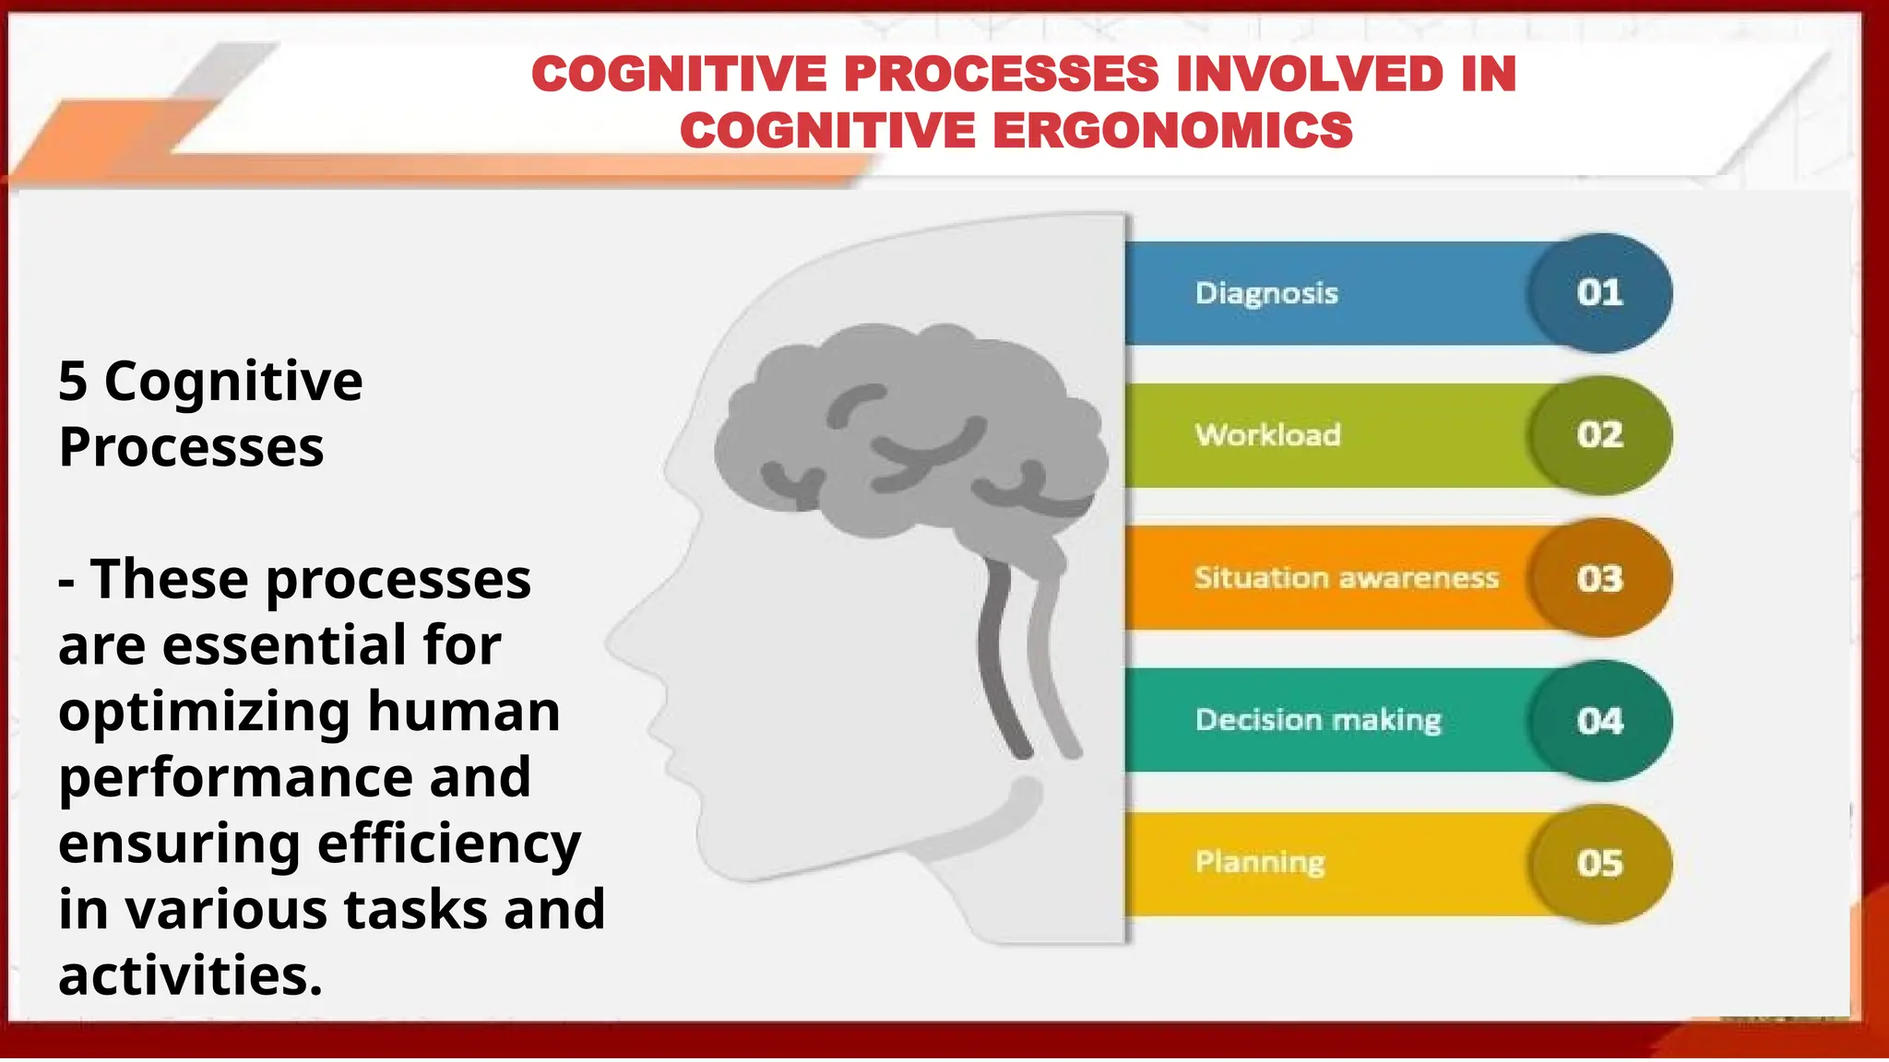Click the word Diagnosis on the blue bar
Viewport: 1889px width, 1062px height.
pos(1265,293)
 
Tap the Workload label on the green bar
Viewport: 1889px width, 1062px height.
pos(1267,435)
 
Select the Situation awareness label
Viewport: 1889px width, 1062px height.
pos(1346,578)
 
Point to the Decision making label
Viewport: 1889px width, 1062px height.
pos(1317,720)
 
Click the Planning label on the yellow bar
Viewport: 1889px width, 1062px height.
pos(1259,862)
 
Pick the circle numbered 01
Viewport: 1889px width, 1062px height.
pos(1598,293)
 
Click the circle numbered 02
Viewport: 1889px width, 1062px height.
pos(1598,435)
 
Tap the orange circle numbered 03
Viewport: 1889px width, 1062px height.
pos(1598,578)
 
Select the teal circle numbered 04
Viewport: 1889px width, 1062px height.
pos(1598,720)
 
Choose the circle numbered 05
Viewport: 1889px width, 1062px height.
pos(1598,864)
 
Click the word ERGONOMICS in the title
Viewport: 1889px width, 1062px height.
pos(1172,130)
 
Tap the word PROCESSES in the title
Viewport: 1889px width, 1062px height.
pos(1001,74)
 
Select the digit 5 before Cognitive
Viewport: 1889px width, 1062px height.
pos(72,382)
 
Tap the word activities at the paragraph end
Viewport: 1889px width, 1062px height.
pos(189,976)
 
